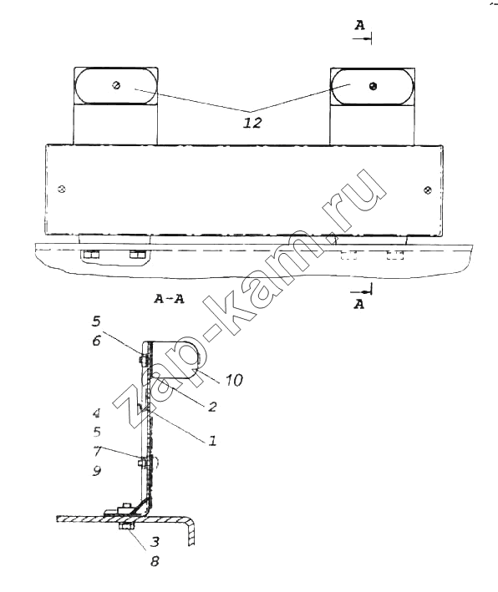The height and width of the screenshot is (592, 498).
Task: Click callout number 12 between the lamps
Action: (x=252, y=123)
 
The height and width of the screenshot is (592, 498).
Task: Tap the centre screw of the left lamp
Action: (x=116, y=85)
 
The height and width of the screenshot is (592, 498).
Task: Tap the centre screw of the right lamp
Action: (x=373, y=86)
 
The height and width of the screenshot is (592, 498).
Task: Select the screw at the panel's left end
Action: (x=62, y=189)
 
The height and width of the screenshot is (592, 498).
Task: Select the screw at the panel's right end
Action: (x=428, y=190)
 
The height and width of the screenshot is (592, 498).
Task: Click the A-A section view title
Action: (x=169, y=299)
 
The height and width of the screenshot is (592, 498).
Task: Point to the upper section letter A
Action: (x=359, y=25)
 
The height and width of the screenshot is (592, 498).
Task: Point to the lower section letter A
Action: (x=359, y=304)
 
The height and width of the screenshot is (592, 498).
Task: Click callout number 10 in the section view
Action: (x=234, y=380)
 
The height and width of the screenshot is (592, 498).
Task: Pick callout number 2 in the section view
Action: (x=212, y=407)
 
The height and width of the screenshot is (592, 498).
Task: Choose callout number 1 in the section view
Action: (x=212, y=440)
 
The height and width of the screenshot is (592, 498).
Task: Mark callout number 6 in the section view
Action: (x=97, y=341)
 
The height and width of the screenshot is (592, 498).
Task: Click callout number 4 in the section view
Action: (x=97, y=413)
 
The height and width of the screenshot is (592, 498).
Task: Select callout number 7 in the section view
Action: (x=97, y=451)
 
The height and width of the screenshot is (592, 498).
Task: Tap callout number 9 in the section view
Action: (x=97, y=470)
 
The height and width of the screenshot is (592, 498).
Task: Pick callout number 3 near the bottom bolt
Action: (x=155, y=542)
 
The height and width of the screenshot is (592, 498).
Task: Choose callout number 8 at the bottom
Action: (x=155, y=561)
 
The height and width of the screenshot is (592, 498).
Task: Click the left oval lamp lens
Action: (x=115, y=86)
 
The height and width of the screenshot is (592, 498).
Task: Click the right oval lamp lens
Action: (x=372, y=87)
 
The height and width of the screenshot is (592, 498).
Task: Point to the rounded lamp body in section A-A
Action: (x=174, y=359)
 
